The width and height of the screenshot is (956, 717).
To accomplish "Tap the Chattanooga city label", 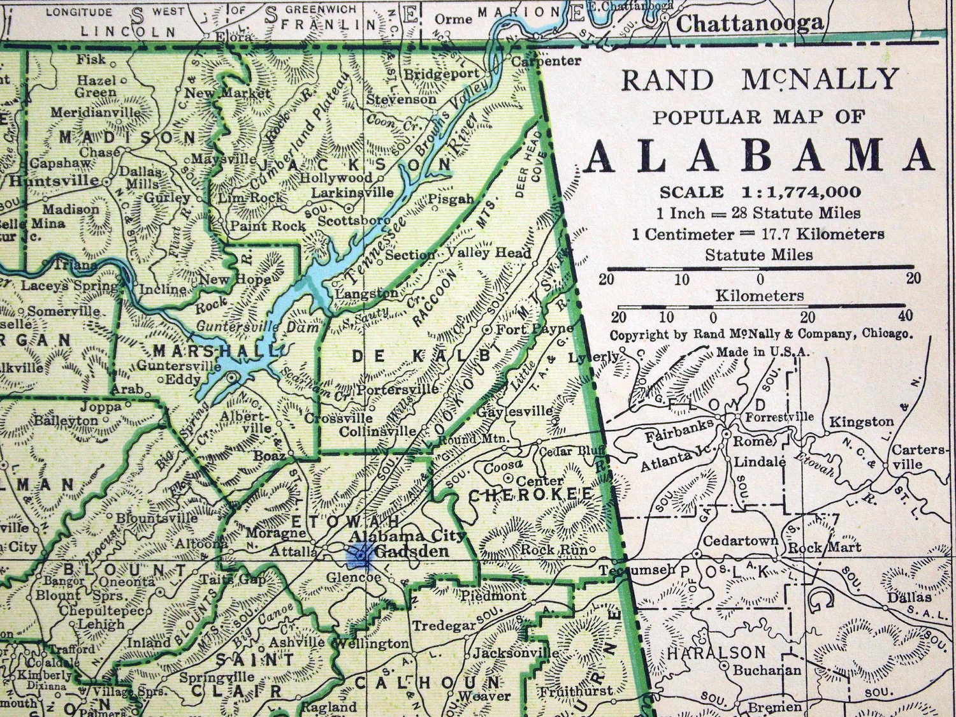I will pos(750,24).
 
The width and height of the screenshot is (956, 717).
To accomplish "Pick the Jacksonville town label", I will pos(516,653).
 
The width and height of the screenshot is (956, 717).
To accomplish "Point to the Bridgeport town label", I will pos(442,73).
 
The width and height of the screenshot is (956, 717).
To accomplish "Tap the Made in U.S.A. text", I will pos(762,352).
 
